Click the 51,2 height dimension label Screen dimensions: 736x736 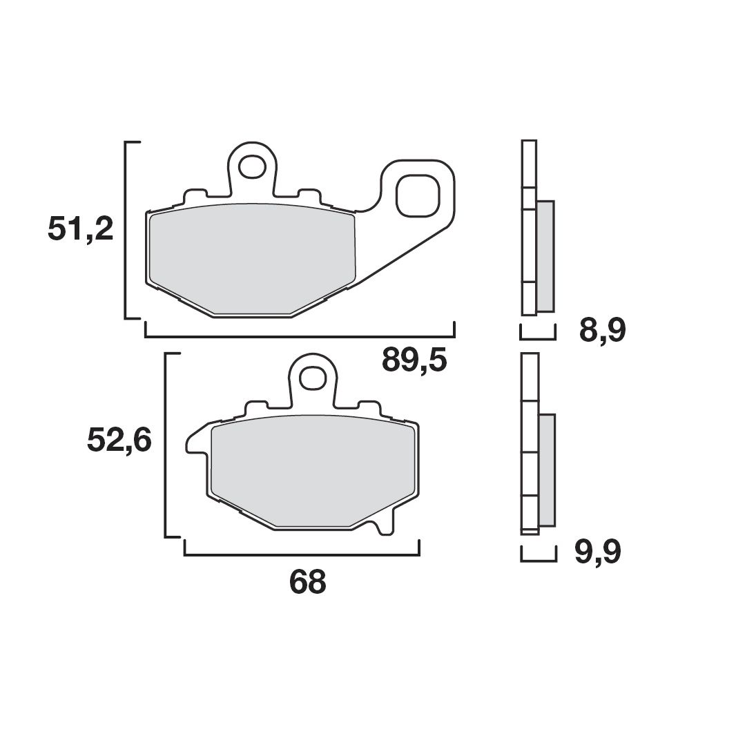click(80, 229)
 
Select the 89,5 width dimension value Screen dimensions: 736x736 click(414, 360)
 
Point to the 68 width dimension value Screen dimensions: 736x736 click(307, 583)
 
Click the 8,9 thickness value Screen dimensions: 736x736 click(602, 331)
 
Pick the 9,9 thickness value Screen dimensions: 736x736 click(598, 552)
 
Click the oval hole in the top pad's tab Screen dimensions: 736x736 click(252, 167)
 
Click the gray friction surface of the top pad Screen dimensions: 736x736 click(252, 259)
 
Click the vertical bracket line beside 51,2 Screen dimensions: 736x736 click(125, 230)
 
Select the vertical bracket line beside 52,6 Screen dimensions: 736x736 click(166, 444)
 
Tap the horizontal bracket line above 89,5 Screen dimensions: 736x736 click(299, 338)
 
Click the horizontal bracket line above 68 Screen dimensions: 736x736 click(302, 554)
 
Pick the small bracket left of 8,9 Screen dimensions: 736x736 click(537, 338)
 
